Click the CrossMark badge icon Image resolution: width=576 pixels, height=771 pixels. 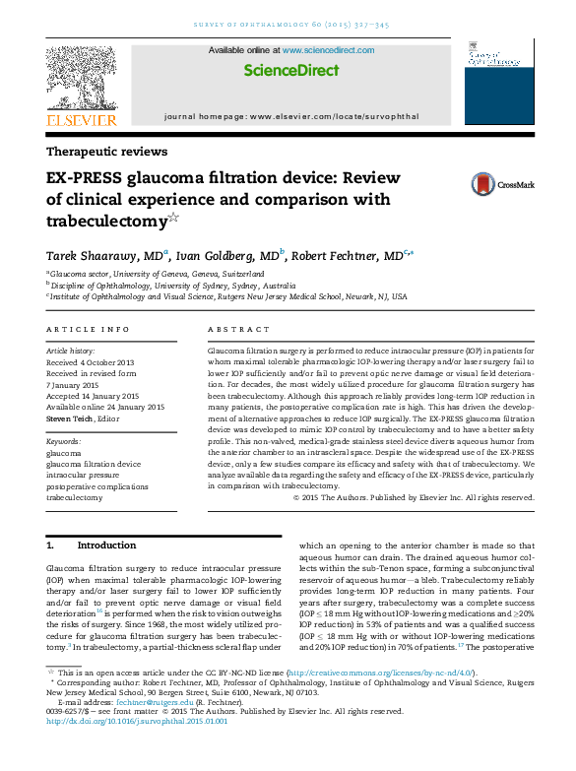[x=483, y=184]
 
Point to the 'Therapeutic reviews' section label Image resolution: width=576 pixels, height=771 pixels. [x=107, y=152]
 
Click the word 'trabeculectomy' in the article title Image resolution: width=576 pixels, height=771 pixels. [x=106, y=219]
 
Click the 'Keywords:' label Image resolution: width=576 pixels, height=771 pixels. [x=64, y=442]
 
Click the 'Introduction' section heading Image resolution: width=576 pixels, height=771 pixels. [x=106, y=545]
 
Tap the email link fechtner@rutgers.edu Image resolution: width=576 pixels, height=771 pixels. [x=145, y=728]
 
